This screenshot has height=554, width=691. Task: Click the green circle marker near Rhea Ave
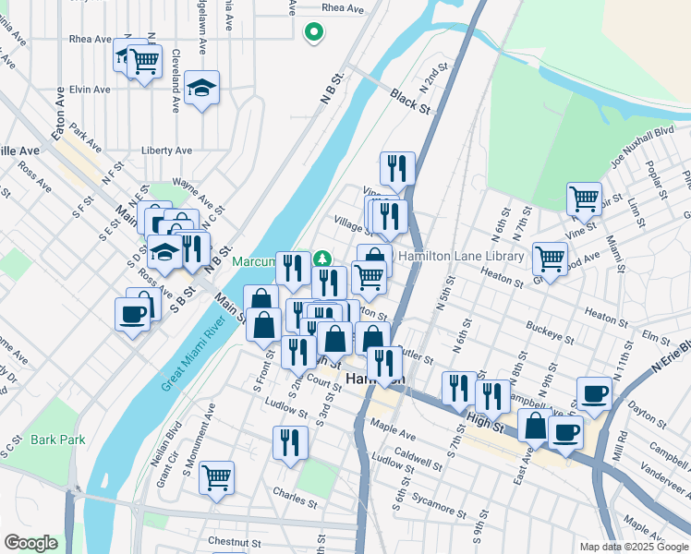314,33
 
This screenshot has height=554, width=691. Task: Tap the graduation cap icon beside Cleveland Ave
201,89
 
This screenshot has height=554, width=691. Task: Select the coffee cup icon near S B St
131,314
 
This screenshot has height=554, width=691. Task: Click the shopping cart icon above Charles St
216,477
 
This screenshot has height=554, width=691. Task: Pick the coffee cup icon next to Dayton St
593,393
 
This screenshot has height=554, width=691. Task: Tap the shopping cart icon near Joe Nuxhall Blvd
584,197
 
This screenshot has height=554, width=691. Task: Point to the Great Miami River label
193,356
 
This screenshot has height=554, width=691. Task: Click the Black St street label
410,102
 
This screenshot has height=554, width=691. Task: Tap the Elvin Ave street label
90,90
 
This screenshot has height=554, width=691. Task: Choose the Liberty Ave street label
166,151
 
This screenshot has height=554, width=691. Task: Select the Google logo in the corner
30,543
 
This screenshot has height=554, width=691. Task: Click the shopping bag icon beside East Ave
535,426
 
